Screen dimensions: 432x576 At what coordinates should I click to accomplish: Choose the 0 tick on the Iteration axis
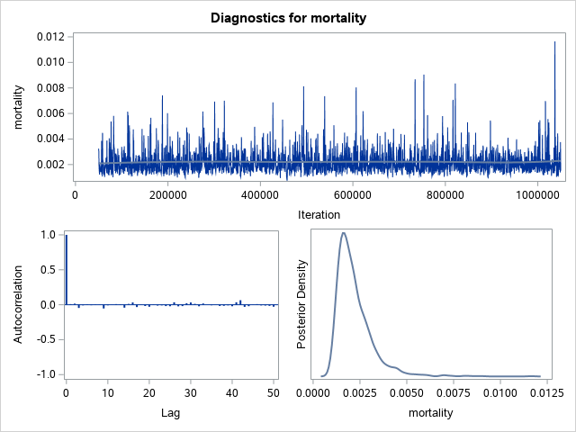(76, 193)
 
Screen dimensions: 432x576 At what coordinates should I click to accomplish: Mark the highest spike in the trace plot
(554, 42)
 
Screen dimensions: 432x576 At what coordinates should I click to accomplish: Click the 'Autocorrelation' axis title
(18, 304)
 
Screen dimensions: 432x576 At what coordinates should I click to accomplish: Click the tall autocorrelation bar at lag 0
(66, 270)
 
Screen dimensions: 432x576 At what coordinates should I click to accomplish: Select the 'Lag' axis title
(172, 413)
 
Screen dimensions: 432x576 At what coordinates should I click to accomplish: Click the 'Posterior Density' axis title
(302, 304)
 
